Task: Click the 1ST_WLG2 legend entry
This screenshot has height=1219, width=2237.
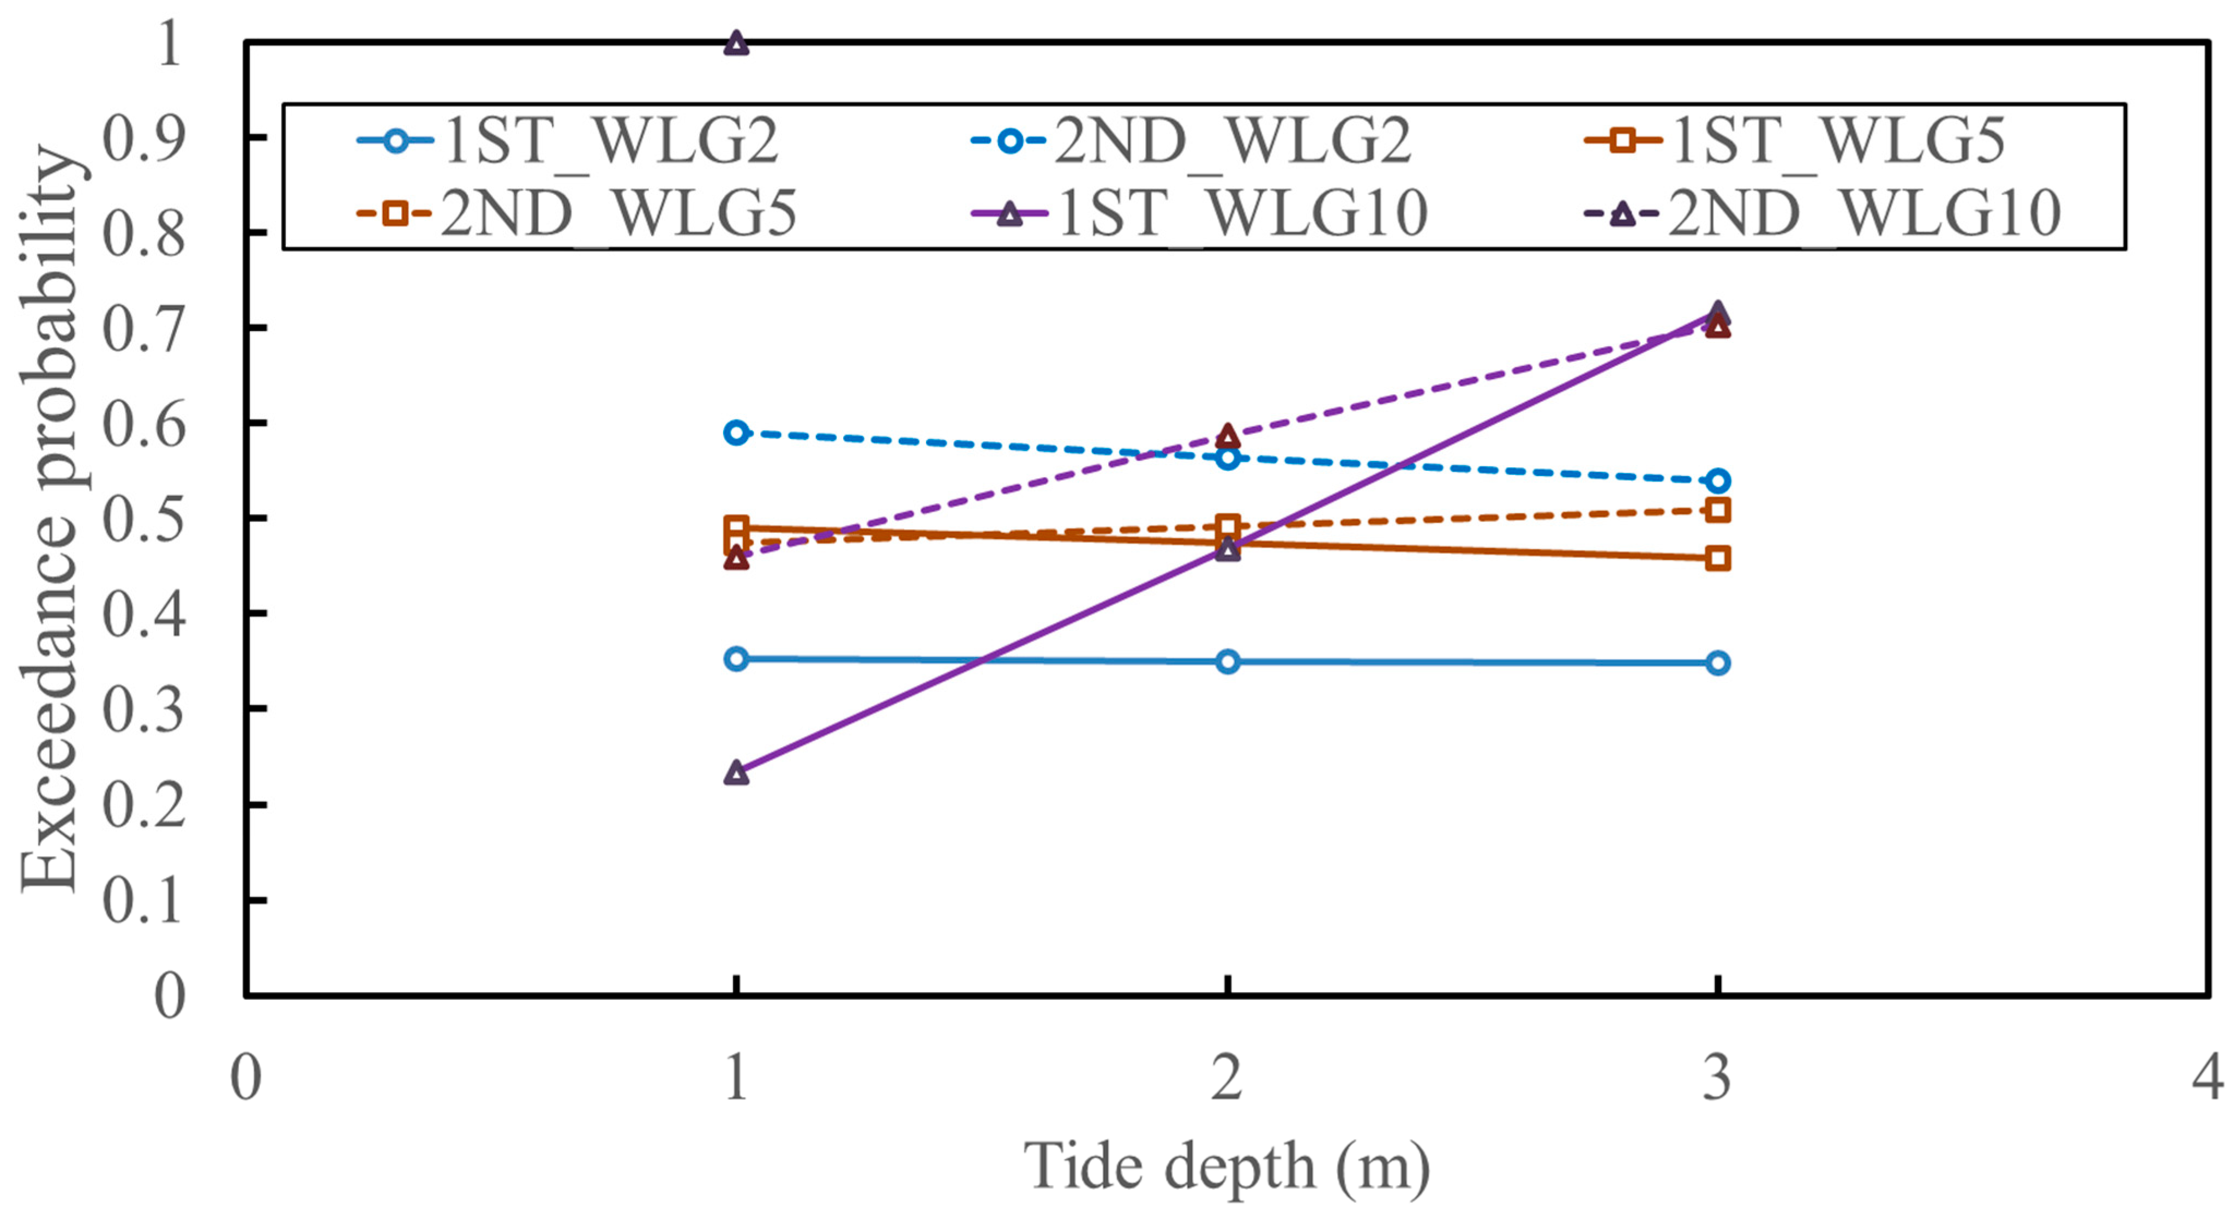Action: [x=569, y=141]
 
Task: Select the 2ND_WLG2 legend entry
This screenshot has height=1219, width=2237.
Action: [x=1190, y=141]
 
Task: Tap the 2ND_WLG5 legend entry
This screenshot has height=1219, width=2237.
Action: [x=578, y=213]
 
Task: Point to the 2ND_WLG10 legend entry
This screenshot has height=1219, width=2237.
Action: [x=1824, y=213]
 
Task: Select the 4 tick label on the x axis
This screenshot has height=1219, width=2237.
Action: [x=2206, y=1078]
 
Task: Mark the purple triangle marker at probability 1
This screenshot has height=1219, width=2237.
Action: [x=736, y=44]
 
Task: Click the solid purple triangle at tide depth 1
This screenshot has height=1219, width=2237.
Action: [x=736, y=773]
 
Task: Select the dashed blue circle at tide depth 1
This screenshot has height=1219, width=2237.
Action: [x=736, y=433]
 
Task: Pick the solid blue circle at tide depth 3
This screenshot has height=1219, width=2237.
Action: [x=1717, y=663]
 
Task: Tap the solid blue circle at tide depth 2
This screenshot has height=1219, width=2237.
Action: [x=1227, y=662]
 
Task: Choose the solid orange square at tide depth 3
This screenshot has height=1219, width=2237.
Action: [x=1717, y=559]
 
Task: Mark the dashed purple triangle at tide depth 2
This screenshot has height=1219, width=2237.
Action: [x=1227, y=436]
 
